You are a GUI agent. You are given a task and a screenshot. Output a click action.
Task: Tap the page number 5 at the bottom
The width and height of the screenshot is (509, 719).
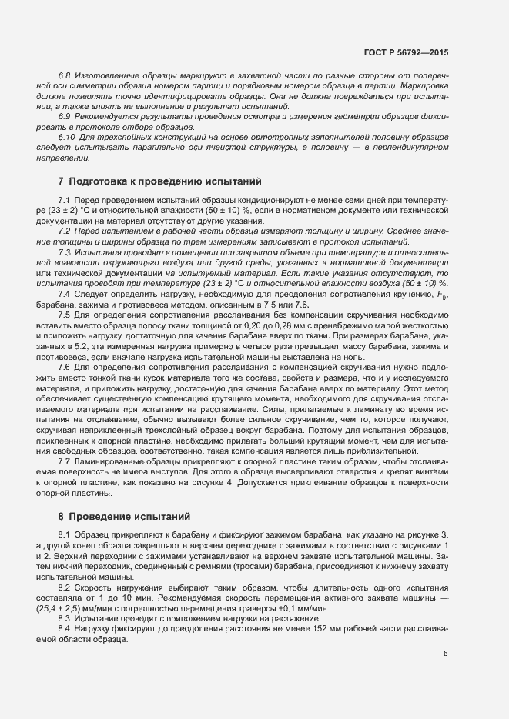[445, 654]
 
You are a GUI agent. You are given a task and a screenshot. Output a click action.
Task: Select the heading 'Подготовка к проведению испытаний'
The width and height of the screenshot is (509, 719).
[166, 182]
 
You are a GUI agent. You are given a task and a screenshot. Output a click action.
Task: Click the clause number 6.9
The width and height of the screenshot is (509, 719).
[65, 115]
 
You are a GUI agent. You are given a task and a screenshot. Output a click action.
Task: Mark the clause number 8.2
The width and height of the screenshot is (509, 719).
[65, 587]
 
